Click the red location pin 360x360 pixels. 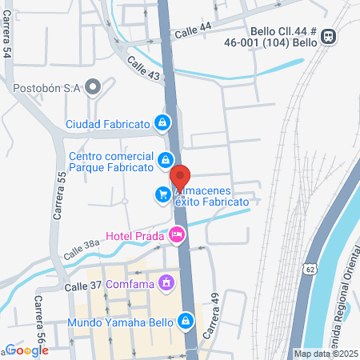tap(181, 178)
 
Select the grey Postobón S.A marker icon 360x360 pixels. tap(94, 87)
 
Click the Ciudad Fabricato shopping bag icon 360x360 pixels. tap(162, 123)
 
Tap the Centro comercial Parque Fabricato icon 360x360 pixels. tap(165, 158)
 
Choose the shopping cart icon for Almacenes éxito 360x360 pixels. tap(162, 194)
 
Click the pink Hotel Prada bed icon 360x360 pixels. tap(176, 234)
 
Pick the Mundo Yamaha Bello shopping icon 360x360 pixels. tap(186, 321)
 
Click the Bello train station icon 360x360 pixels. tap(329, 36)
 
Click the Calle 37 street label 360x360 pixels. tap(82, 286)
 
